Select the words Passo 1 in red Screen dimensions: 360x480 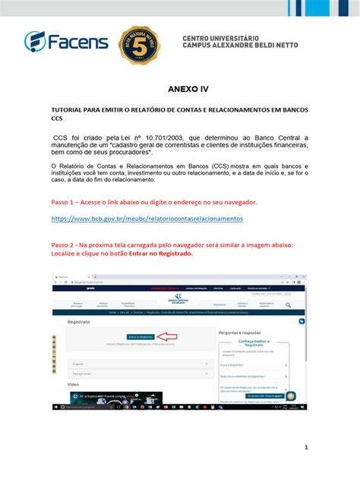click(x=66, y=203)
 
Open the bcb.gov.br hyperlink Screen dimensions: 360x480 click(x=147, y=218)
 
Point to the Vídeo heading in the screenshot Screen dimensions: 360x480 click(x=73, y=384)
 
